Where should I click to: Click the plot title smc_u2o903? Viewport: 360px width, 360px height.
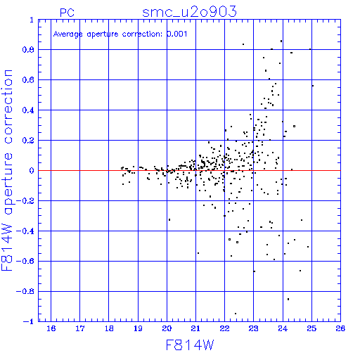tap(189, 12)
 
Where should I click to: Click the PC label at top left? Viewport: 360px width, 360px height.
tap(67, 13)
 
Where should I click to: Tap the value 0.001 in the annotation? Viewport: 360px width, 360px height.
tap(177, 34)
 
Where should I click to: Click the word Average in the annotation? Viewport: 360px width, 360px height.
tap(68, 34)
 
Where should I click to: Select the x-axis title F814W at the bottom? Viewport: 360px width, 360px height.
tap(190, 345)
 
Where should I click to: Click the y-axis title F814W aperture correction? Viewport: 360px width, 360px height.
tap(7, 170)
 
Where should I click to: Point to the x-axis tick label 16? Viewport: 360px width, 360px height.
tap(51, 328)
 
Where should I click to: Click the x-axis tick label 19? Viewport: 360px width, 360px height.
tap(138, 328)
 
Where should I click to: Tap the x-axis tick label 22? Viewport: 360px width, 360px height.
tap(224, 328)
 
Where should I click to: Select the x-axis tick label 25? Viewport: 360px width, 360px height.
tap(311, 328)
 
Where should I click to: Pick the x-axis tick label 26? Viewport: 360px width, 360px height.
tap(340, 328)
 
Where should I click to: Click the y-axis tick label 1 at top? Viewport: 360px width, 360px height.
tap(32, 20)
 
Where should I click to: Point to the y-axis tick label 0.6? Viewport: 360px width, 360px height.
tap(28, 80)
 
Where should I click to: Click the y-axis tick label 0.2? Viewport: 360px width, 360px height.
tap(28, 141)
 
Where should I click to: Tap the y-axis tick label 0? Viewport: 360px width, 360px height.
tap(32, 171)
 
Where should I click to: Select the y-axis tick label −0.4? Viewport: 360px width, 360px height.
tap(25, 231)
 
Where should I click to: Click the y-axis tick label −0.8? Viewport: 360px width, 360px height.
tap(25, 291)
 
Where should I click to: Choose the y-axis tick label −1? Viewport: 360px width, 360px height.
tap(29, 321)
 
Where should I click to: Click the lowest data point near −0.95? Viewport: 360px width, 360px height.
tap(236, 314)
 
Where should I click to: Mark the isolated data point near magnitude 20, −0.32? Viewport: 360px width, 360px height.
tap(169, 219)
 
